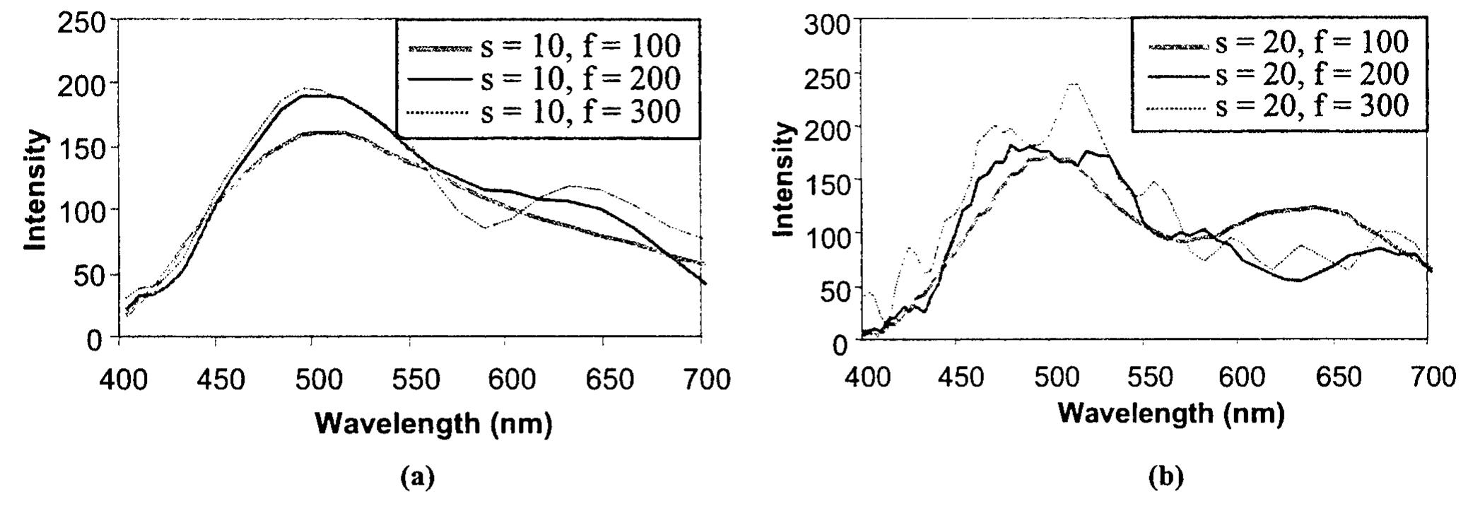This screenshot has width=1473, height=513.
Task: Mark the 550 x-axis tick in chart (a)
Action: [411, 380]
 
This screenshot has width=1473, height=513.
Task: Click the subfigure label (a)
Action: [417, 478]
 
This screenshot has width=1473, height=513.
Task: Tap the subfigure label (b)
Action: [1165, 477]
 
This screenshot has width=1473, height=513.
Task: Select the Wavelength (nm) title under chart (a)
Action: [433, 424]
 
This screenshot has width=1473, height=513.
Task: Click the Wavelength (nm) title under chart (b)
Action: [1170, 413]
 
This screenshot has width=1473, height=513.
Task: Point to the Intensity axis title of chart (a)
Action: [36, 190]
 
